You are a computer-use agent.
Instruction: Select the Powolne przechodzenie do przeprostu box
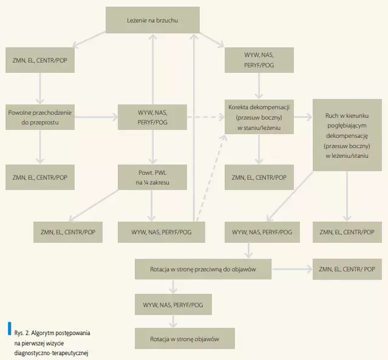(x=41, y=117)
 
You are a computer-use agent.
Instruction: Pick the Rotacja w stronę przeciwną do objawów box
(x=203, y=268)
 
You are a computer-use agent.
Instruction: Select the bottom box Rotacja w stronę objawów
(x=184, y=338)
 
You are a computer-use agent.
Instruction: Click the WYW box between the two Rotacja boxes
(x=173, y=304)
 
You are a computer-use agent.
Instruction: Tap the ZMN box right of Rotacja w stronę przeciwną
(x=347, y=268)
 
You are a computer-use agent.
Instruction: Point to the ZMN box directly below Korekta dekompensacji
(x=259, y=177)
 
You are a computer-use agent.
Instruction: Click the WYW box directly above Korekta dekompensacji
(x=259, y=61)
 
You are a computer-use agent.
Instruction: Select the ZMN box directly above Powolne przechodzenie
(x=41, y=61)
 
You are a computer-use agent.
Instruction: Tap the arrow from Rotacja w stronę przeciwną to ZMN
(x=291, y=268)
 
